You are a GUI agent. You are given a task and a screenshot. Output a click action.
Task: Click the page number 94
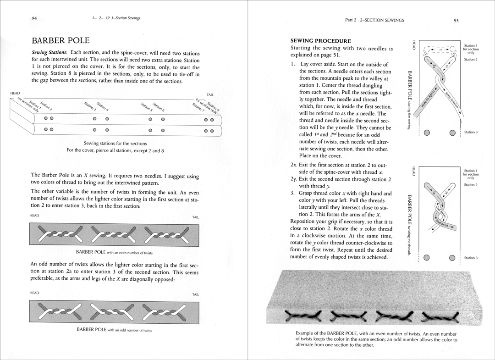(x=34, y=18)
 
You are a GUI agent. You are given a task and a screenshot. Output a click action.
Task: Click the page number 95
(x=456, y=20)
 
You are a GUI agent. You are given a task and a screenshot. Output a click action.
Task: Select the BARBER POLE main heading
(x=60, y=40)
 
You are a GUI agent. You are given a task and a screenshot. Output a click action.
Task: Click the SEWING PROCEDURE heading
(x=321, y=41)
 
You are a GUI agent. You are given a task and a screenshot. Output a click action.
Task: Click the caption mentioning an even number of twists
(x=115, y=253)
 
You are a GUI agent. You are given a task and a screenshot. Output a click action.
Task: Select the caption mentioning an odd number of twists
(x=115, y=329)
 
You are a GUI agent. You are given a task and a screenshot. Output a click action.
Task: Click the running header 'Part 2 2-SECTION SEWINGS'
(x=374, y=20)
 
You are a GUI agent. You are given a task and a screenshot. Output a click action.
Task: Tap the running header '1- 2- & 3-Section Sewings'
(x=116, y=18)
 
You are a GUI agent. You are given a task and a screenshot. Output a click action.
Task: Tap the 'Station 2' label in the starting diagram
(x=471, y=60)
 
